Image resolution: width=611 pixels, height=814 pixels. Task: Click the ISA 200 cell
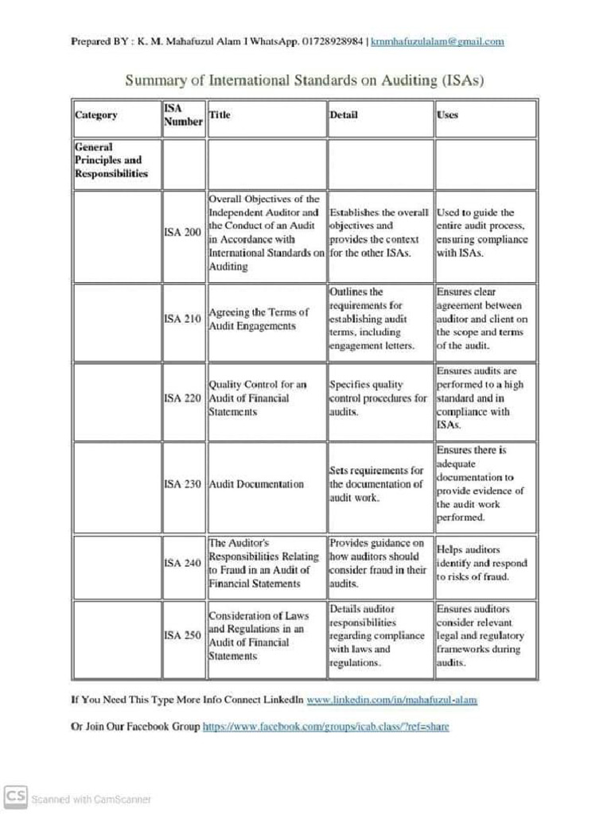(x=182, y=232)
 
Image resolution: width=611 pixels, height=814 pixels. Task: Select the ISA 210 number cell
(x=182, y=319)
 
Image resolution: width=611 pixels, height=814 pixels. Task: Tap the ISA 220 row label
(x=182, y=398)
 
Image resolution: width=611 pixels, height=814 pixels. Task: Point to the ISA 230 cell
(x=182, y=484)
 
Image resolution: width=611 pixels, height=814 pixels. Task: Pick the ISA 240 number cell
(x=182, y=563)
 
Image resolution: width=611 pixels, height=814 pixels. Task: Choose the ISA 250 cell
(x=182, y=635)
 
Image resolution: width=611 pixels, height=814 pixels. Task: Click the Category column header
(x=96, y=115)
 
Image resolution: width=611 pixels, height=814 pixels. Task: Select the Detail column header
(x=344, y=115)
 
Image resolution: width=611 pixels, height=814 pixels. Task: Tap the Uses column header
(x=447, y=115)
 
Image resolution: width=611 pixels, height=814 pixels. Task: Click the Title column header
(x=220, y=115)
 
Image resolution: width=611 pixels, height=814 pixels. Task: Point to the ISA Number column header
(x=183, y=115)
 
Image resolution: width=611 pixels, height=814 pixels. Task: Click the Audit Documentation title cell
(x=256, y=484)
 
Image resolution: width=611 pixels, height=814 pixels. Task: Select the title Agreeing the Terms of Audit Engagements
(x=258, y=319)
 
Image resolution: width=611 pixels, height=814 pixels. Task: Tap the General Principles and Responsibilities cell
(x=111, y=160)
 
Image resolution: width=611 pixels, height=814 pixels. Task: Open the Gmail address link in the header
(x=438, y=41)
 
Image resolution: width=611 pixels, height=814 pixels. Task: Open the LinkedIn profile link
(x=391, y=700)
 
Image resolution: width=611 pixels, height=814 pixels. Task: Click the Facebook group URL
(x=326, y=727)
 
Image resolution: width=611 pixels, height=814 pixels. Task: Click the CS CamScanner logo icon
(x=14, y=797)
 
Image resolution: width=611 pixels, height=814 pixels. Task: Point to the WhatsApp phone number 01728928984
(x=333, y=41)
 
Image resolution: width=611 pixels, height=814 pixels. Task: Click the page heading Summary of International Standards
(x=305, y=80)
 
